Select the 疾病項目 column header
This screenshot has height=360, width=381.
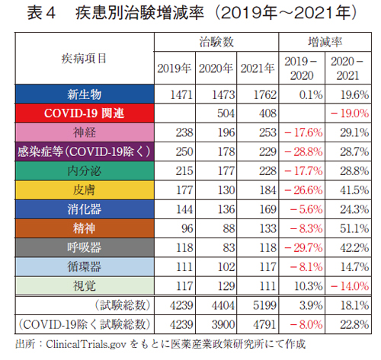[x=84, y=58]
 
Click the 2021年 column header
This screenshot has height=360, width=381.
[x=258, y=68]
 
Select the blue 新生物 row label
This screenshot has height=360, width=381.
[x=84, y=95]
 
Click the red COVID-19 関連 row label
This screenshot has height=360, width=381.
[x=84, y=113]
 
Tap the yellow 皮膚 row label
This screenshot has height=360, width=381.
[x=84, y=188]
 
